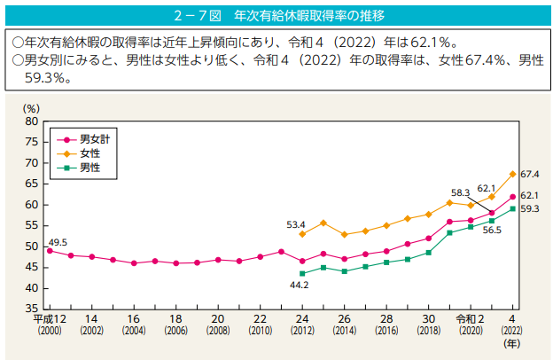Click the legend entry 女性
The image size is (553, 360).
90,153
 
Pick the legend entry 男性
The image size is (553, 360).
90,167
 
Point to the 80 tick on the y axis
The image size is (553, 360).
32,121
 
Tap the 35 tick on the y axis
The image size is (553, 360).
32,309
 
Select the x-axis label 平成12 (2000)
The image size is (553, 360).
49,324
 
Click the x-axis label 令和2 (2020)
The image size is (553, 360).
471,324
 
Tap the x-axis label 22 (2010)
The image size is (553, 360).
260,324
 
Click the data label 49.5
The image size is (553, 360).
58,242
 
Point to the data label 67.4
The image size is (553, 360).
530,175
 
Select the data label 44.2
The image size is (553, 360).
299,286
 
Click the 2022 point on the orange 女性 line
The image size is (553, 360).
512,174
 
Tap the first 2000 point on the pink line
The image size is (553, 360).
49,251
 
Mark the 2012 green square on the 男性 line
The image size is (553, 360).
302,273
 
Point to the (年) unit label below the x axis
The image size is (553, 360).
512,341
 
